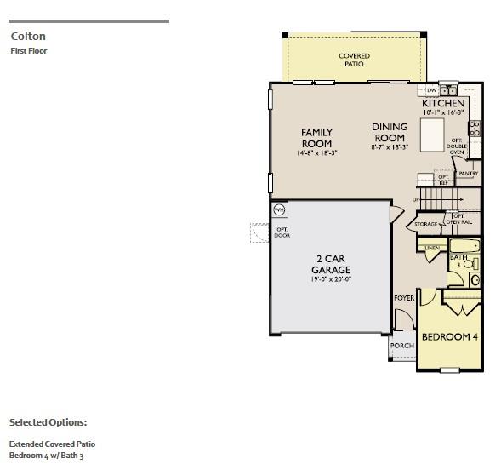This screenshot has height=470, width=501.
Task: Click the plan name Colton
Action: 27,37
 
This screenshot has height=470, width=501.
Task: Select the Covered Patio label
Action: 354,60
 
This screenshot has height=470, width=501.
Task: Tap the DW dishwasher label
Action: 432,89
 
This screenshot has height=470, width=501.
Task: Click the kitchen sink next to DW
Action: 448,89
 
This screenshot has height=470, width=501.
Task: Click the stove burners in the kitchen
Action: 475,129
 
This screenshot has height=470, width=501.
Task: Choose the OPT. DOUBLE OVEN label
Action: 458,147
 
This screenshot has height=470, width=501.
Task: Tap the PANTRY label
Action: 468,174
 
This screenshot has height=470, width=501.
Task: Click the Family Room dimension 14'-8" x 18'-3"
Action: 316,154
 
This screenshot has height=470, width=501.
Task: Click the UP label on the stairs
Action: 415,200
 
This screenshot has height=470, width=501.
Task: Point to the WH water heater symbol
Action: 279,209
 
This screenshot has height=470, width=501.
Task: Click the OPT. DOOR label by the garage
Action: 282,232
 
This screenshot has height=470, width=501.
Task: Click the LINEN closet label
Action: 432,248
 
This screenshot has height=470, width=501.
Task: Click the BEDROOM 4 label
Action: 450,337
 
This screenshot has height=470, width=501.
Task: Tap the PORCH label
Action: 401,346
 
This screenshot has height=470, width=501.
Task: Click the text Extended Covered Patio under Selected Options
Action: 52,444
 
